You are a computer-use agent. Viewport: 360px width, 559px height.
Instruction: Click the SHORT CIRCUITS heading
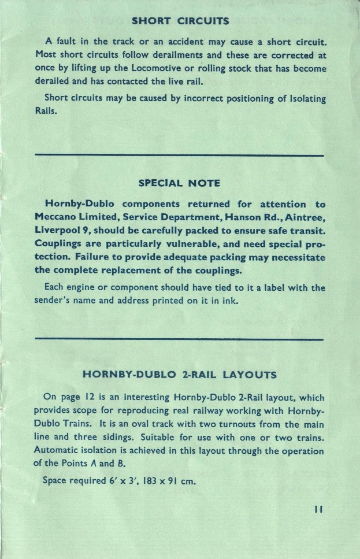tap(180, 22)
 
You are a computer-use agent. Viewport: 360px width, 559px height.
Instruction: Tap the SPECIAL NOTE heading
tap(180, 183)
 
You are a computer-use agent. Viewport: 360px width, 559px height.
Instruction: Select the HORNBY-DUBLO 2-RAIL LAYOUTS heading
tap(180, 374)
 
